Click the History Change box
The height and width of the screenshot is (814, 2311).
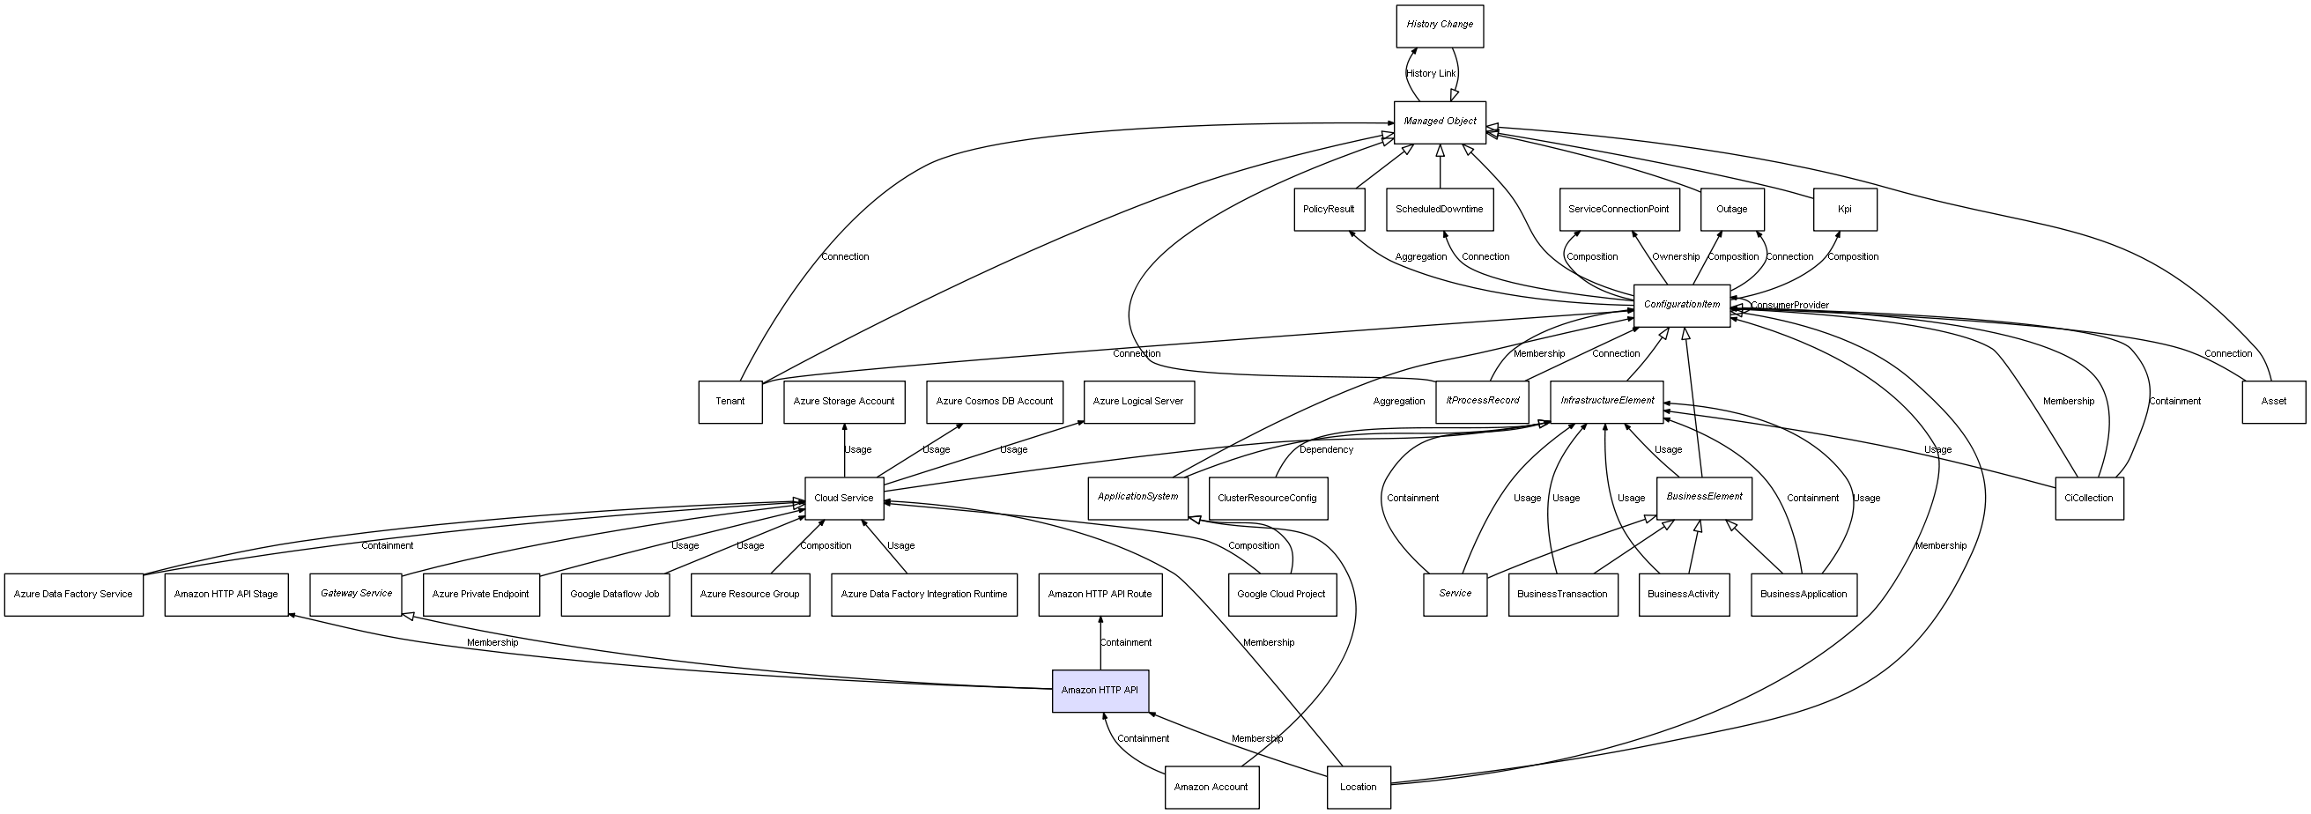[1439, 26]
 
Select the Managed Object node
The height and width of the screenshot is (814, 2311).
[1439, 122]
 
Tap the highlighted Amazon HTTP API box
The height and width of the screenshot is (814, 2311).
[1100, 691]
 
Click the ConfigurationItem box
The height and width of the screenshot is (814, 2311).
[1681, 306]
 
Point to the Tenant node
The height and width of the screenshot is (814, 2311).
[730, 402]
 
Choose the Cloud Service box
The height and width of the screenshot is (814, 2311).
[843, 499]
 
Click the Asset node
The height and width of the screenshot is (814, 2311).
[2273, 402]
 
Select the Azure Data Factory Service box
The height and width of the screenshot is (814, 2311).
[73, 595]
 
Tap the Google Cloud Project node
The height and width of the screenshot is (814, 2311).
[1281, 595]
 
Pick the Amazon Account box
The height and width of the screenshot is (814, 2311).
[1211, 788]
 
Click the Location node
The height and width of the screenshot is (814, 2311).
[1359, 788]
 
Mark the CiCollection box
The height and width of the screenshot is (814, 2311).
[2088, 499]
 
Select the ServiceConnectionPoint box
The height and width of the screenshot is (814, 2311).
[1618, 210]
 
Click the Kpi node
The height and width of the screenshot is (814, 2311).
[1845, 210]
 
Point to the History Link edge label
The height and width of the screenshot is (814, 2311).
[1431, 74]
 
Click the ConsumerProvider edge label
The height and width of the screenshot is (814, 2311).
[1789, 306]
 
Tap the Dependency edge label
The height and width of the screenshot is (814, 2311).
[1326, 449]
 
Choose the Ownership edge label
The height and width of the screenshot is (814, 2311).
[1676, 257]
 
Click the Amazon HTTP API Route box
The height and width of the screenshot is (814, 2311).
[1100, 595]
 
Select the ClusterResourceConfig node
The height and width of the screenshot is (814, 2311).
[1268, 499]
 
